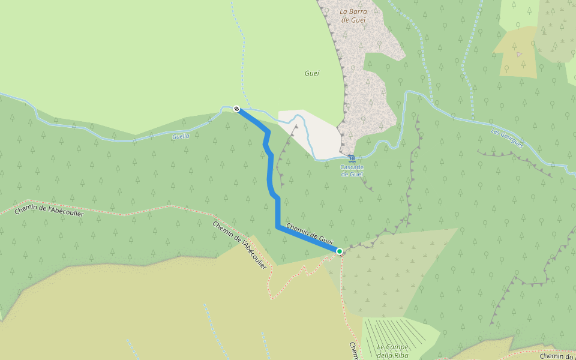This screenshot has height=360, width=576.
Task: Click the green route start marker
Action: click(x=340, y=251)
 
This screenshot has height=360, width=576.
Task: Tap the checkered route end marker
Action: click(x=237, y=109)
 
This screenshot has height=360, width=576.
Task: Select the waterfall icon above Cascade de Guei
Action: click(x=351, y=158)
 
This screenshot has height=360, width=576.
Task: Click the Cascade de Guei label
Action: click(x=353, y=170)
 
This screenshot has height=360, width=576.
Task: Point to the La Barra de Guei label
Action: click(x=353, y=15)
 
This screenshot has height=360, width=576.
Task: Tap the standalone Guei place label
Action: click(x=311, y=73)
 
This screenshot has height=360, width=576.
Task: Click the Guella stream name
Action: click(x=181, y=136)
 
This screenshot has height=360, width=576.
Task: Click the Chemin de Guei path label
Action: click(x=309, y=233)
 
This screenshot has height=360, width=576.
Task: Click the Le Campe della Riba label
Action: click(x=393, y=350)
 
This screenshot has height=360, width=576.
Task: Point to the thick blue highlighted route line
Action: click(x=278, y=210)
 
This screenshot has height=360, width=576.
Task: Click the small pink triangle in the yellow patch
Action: click(x=519, y=54)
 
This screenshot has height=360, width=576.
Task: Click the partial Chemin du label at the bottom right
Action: click(x=557, y=356)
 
